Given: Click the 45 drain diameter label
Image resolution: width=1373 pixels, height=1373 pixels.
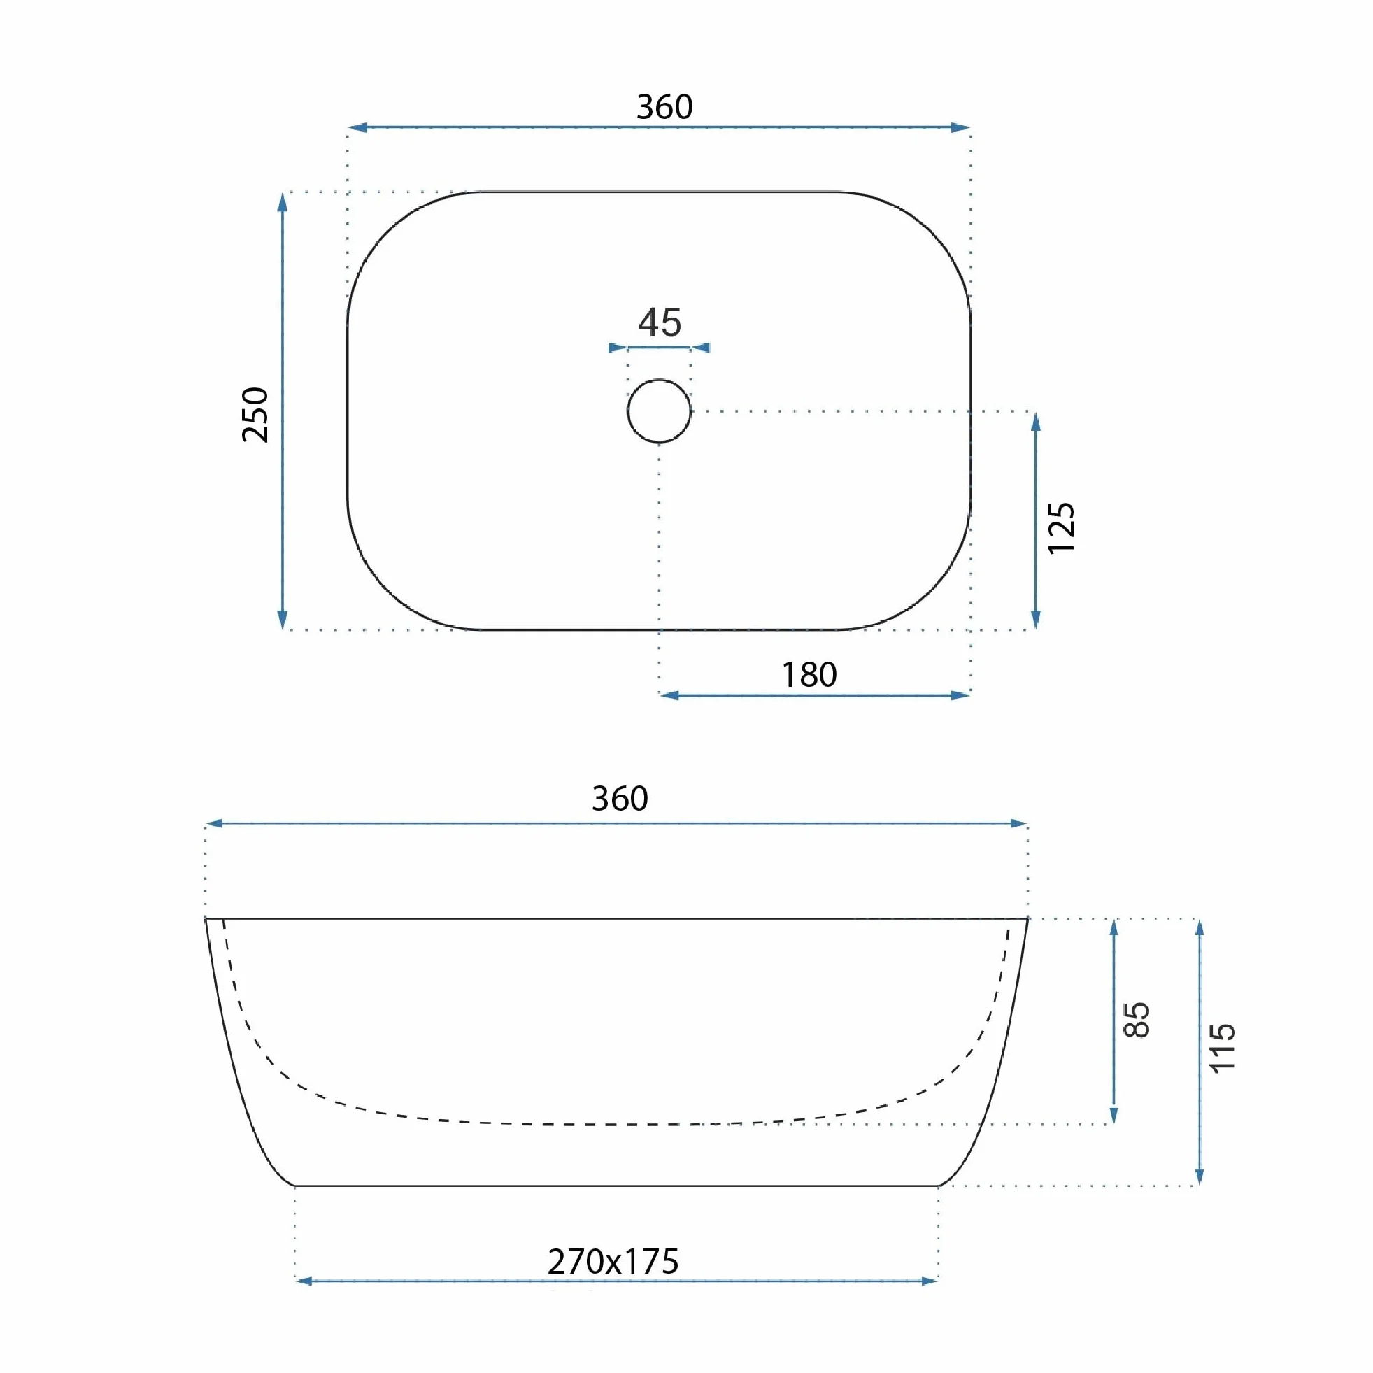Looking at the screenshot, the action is (660, 322).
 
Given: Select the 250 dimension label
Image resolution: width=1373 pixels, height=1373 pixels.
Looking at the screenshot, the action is (255, 415).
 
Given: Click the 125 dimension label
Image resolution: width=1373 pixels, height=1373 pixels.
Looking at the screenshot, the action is (1061, 528).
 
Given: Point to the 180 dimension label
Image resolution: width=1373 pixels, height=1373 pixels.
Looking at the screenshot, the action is (809, 674).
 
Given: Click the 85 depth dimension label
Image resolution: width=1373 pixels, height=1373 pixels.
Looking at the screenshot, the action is (1137, 1020).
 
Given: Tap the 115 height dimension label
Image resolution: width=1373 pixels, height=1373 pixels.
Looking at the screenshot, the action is (1222, 1048).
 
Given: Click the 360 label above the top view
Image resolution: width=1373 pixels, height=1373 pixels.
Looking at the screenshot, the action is (664, 106).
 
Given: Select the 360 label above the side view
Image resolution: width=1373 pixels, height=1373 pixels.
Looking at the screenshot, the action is (620, 799).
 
